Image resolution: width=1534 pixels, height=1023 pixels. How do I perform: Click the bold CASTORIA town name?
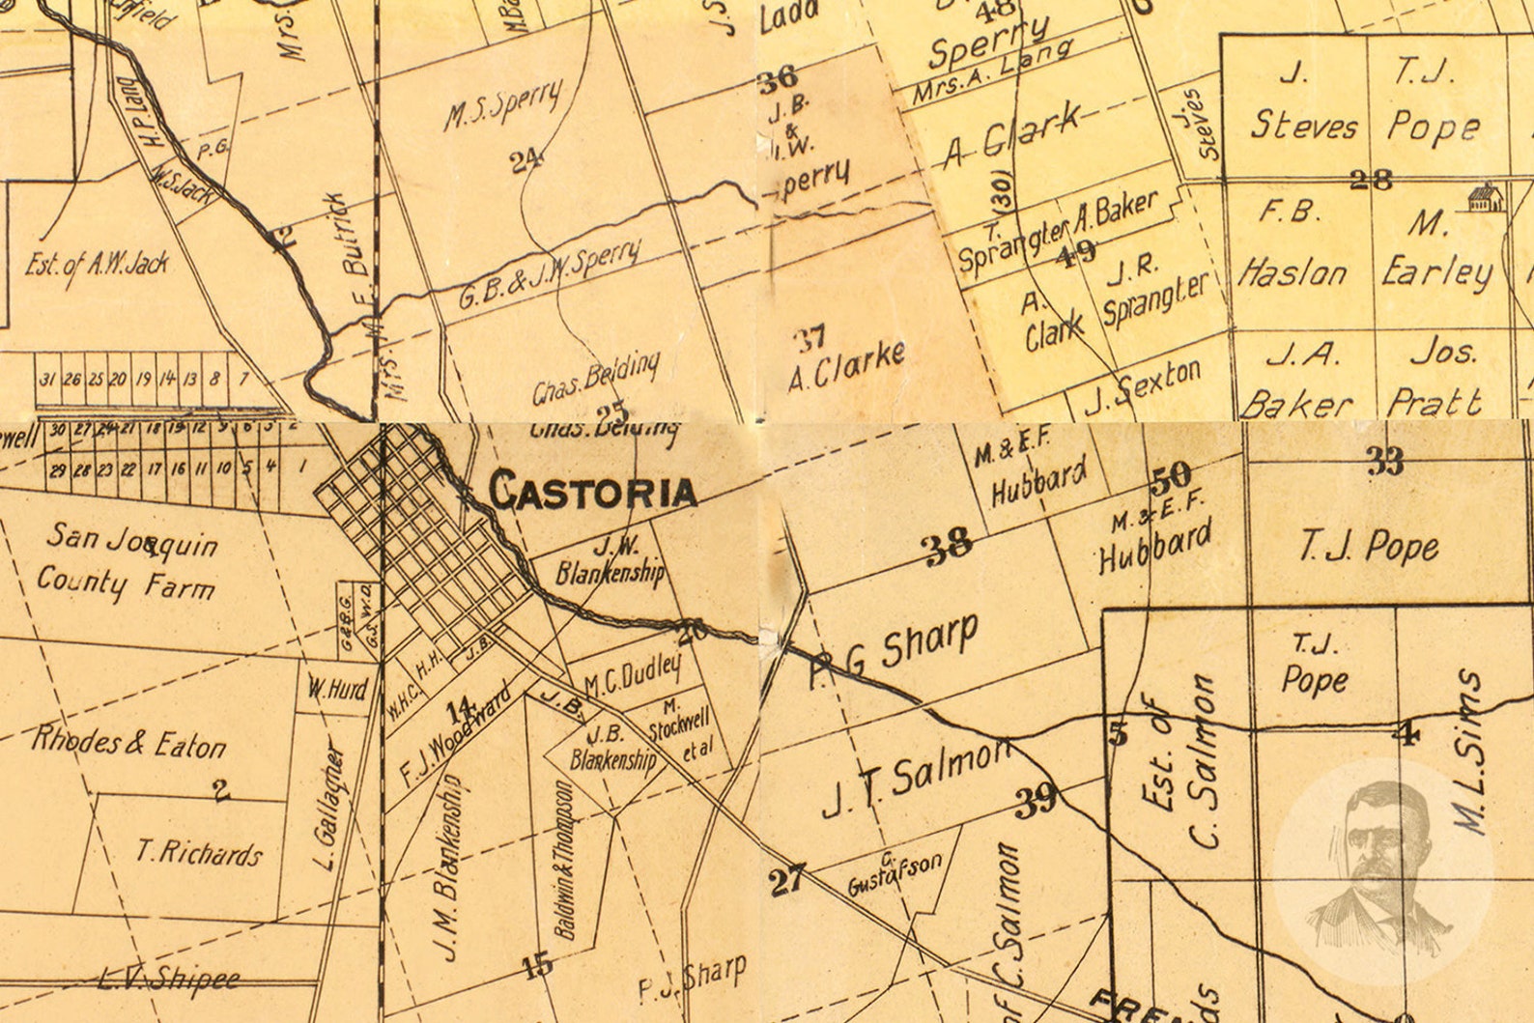(x=592, y=491)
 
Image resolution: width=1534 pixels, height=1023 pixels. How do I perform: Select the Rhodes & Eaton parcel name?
(x=128, y=743)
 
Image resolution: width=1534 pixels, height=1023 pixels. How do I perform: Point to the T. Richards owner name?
(x=198, y=852)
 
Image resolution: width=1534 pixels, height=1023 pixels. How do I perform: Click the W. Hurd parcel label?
(x=337, y=690)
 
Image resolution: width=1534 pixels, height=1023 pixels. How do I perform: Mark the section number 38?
(x=948, y=548)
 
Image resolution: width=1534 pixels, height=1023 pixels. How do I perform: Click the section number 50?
(x=1171, y=475)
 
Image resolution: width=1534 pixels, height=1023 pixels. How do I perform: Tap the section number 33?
(x=1384, y=462)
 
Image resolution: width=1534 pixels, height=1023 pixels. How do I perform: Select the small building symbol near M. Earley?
(x=1483, y=199)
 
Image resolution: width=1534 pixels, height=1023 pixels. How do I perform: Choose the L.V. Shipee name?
(x=169, y=980)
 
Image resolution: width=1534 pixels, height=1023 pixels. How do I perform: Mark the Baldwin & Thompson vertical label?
(x=565, y=860)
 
